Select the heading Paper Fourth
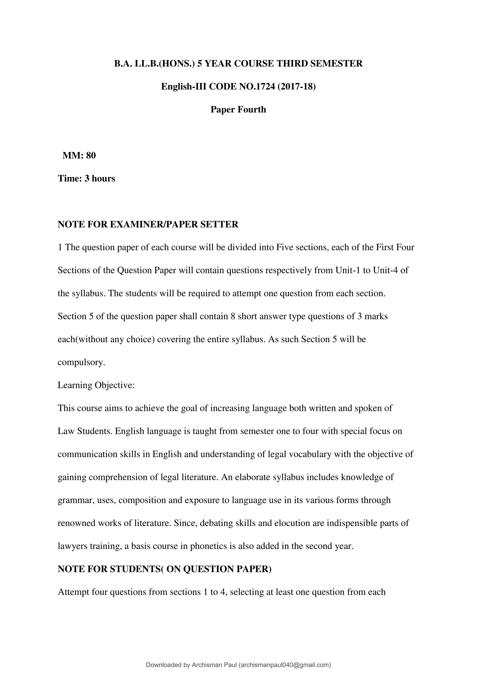(238, 109)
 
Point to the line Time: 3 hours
(86, 179)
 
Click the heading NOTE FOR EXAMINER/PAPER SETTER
(148, 225)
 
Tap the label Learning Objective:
(96, 385)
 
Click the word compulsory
(81, 362)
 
